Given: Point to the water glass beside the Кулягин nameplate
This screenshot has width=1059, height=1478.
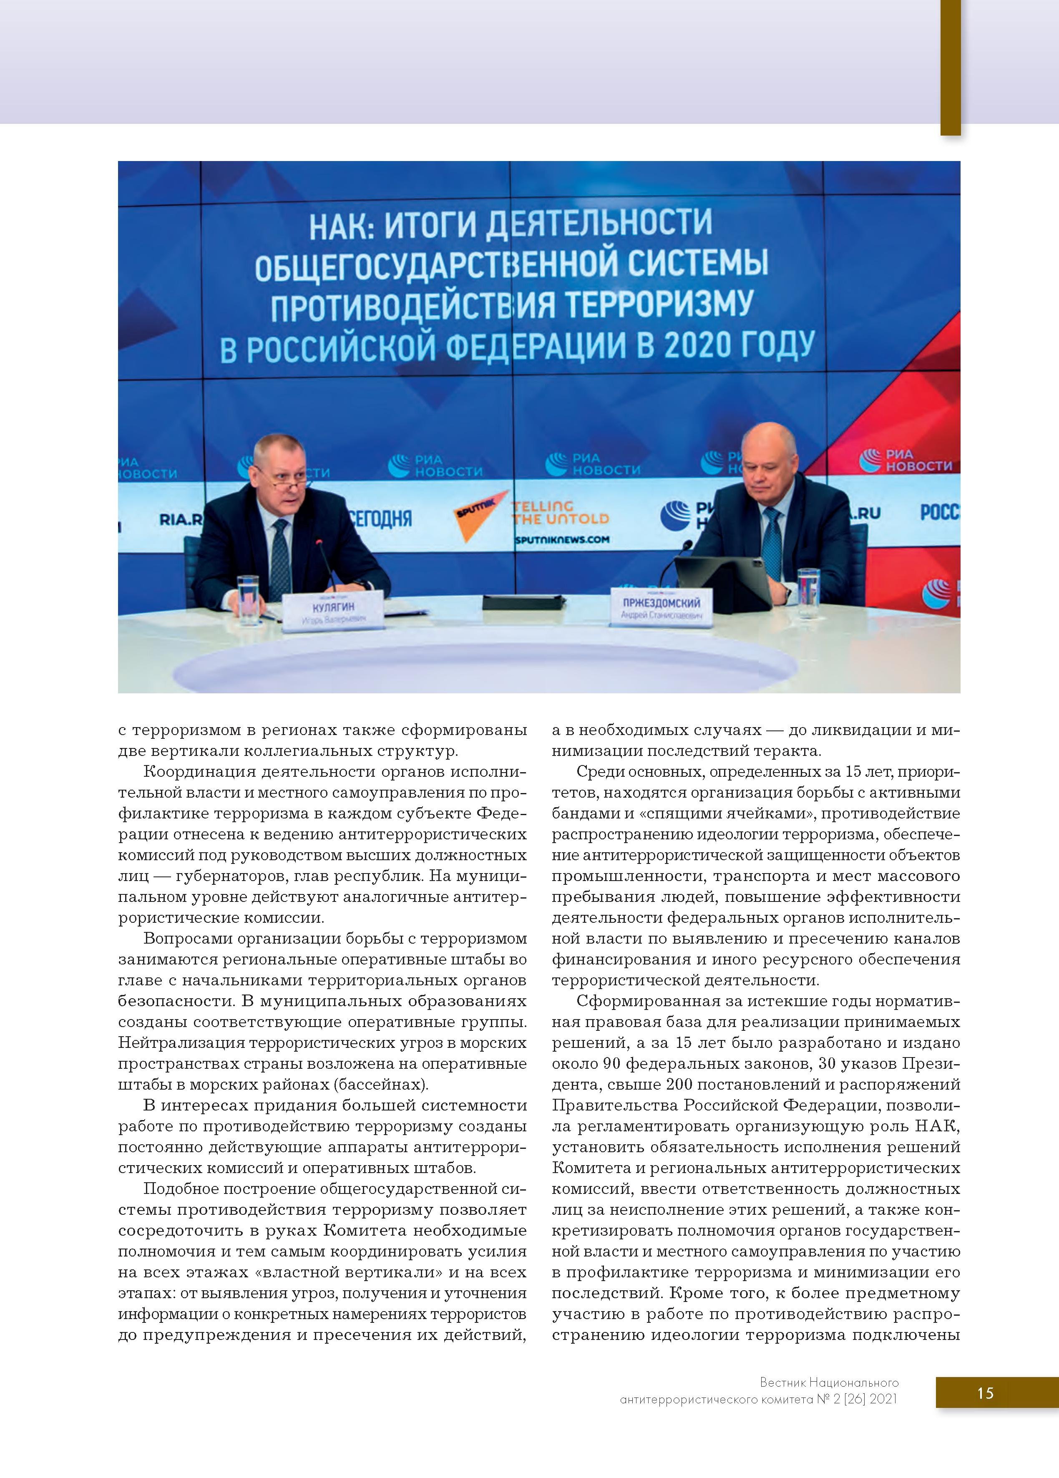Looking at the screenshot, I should [248, 599].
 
